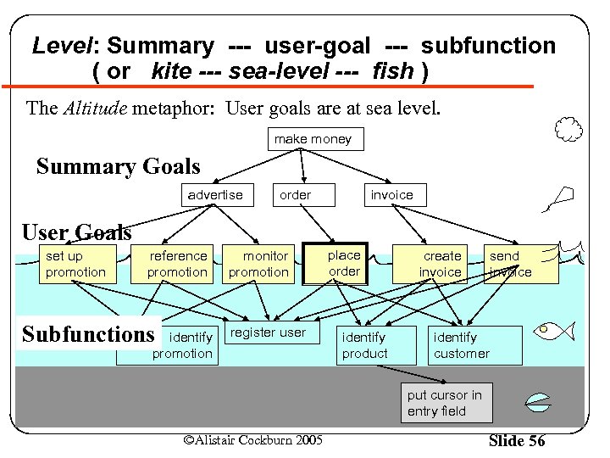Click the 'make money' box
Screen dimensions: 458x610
312,138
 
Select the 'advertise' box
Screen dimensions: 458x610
215,195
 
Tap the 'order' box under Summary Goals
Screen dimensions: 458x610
296,195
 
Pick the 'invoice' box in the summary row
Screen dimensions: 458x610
392,195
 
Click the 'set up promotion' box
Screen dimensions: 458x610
75,264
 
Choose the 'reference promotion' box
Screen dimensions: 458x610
177,264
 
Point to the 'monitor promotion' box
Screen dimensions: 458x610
259,264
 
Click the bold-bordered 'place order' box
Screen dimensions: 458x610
344,263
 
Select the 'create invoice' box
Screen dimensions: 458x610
441,264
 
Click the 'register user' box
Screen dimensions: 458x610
269,334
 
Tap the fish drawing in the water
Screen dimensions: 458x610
557,330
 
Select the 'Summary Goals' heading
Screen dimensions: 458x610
119,167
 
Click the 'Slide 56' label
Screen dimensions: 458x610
517,441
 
